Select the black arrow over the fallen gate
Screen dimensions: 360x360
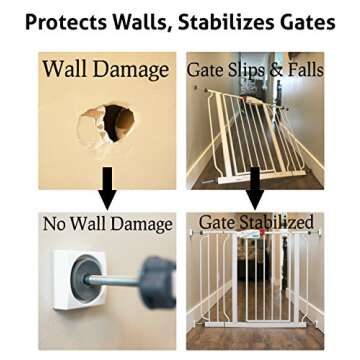click(255, 187)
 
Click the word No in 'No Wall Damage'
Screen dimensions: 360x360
click(55, 223)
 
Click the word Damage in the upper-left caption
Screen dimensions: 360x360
click(132, 69)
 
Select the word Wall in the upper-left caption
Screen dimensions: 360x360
click(66, 69)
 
